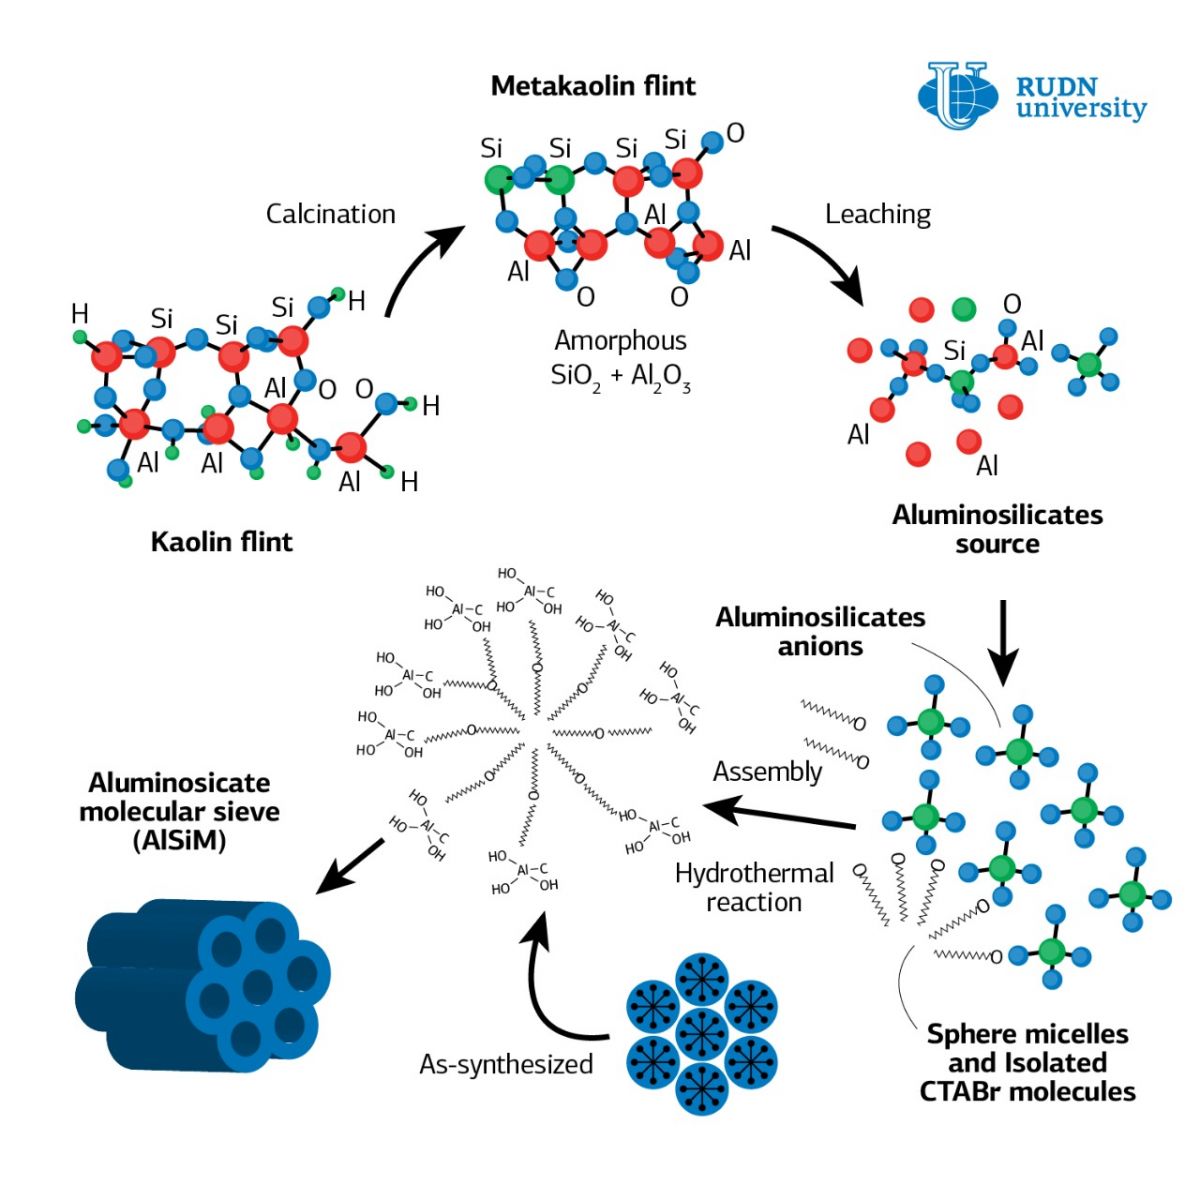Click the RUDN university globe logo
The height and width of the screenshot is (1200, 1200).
point(957,96)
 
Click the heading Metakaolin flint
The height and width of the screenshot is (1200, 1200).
point(593,86)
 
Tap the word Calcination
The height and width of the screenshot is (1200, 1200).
point(330,214)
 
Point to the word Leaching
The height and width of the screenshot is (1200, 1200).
point(877,214)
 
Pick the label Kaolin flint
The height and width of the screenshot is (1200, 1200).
point(221,542)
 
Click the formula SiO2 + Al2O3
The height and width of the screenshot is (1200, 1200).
point(620,377)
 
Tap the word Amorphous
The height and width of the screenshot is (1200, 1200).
point(620,341)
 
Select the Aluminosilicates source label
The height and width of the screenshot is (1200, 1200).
point(997,529)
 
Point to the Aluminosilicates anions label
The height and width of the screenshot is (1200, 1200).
point(820,631)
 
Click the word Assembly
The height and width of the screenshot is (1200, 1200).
point(767,772)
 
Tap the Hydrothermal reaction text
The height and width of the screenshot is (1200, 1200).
point(754,887)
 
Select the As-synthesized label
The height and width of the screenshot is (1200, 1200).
point(506,1064)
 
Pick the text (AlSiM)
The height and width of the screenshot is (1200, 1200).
point(179,840)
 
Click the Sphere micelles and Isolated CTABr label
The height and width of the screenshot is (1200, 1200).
point(1027,1062)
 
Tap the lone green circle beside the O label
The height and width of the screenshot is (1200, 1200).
point(963,308)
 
